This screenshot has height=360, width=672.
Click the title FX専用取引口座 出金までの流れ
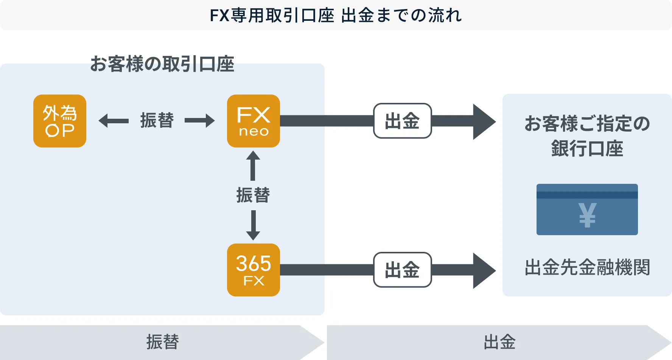click(336, 16)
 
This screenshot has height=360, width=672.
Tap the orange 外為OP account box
click(60, 121)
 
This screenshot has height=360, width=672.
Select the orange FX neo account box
click(254, 121)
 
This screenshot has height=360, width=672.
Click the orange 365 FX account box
click(254, 270)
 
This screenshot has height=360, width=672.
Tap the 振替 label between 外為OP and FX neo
click(157, 121)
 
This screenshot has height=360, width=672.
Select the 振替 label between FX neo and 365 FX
click(253, 195)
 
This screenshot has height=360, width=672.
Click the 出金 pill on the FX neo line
click(402, 121)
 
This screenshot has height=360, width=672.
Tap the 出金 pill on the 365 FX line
click(402, 270)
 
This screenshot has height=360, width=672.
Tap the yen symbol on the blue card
click(587, 215)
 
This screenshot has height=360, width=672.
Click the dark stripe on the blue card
click(587, 195)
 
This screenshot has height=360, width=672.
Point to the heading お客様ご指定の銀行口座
click(587, 136)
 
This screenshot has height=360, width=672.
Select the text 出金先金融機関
click(587, 267)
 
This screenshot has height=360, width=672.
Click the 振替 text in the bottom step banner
click(163, 342)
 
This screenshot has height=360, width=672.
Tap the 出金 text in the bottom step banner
click(499, 342)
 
